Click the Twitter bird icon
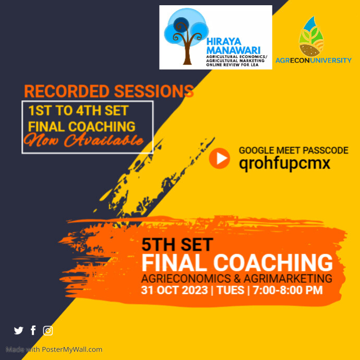point(19,330)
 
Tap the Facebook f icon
point(33,330)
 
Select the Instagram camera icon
point(48,330)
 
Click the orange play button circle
point(219,158)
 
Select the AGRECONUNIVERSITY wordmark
point(314,61)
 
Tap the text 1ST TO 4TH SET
point(78,111)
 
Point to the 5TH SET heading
point(177,244)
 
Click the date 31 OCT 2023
point(175,290)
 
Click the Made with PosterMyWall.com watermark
point(54,350)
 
